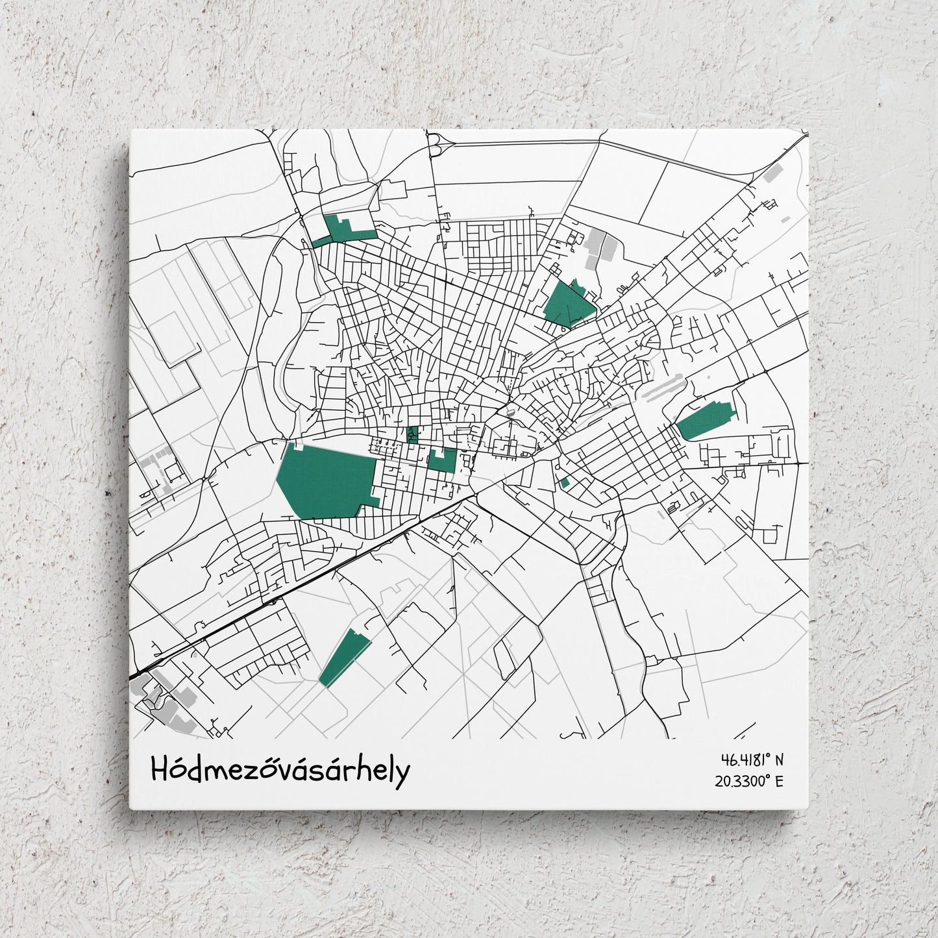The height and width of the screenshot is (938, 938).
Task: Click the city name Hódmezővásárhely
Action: (x=280, y=771)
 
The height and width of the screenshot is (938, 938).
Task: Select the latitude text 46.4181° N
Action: (x=751, y=759)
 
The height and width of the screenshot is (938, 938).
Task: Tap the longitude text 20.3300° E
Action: (x=749, y=781)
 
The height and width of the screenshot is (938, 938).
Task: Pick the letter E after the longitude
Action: (x=779, y=781)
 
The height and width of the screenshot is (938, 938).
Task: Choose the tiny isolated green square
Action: (x=565, y=483)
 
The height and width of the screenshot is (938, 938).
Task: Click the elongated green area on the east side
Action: (x=704, y=419)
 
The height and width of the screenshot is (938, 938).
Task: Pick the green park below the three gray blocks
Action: (x=567, y=302)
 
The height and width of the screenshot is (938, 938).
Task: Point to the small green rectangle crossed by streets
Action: (x=412, y=434)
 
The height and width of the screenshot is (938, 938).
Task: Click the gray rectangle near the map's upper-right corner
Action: (x=772, y=172)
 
